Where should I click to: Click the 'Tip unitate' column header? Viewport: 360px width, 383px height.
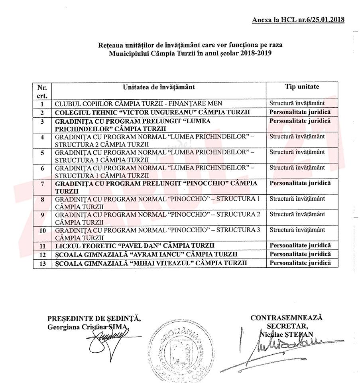click(x=302, y=87)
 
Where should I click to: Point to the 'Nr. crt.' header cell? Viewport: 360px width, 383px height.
click(x=42, y=91)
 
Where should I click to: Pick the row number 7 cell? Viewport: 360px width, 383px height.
click(x=42, y=184)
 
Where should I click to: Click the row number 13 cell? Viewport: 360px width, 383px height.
click(x=43, y=263)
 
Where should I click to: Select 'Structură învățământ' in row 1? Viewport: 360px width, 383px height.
click(x=297, y=103)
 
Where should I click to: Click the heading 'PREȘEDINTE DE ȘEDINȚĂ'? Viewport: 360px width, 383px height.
click(x=94, y=318)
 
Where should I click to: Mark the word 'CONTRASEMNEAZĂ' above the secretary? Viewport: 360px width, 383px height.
click(x=286, y=318)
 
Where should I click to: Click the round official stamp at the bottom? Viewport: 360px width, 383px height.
click(x=176, y=351)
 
